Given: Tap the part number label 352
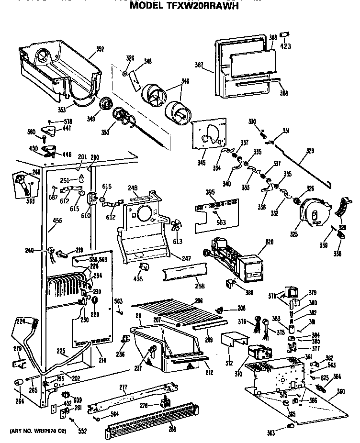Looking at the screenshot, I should pyautogui.click(x=100, y=48).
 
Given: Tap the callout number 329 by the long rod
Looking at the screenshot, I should pyautogui.click(x=310, y=152).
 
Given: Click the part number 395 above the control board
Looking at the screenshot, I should pyautogui.click(x=209, y=192).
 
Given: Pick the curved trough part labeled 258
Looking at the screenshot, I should pyautogui.click(x=184, y=275).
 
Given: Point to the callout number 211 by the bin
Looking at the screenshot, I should pyautogui.click(x=137, y=315).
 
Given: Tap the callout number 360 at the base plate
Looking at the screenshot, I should pyautogui.click(x=341, y=391).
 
